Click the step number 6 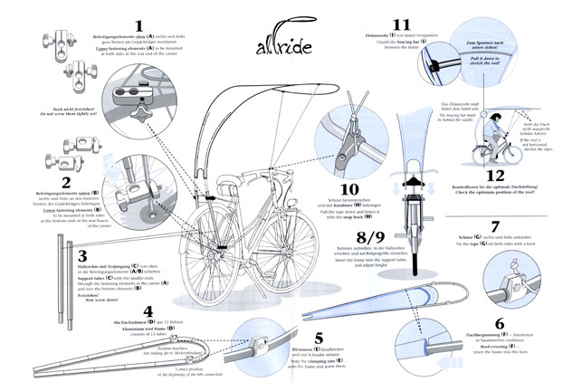[499, 322]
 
